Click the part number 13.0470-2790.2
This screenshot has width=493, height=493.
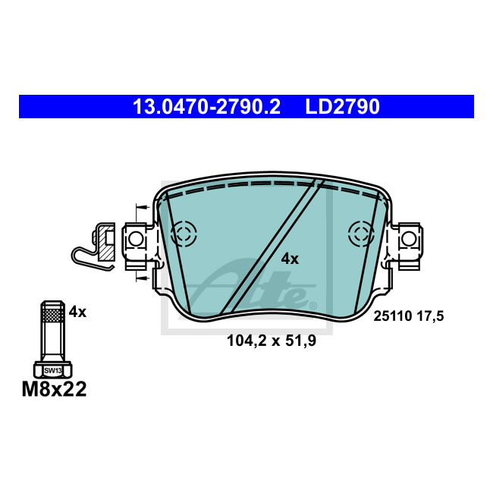[x=206, y=107]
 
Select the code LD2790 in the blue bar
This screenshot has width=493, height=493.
[x=342, y=107]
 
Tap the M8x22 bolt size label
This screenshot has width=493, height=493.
[x=54, y=389]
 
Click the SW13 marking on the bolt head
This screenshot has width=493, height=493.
[x=53, y=371]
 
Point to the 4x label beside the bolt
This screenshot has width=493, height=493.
[x=77, y=312]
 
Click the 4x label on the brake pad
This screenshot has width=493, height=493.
[x=290, y=259]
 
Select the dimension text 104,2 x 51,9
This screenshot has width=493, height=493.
[x=272, y=341]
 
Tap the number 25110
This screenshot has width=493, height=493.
[x=393, y=316]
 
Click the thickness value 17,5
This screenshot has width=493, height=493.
[x=431, y=316]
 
